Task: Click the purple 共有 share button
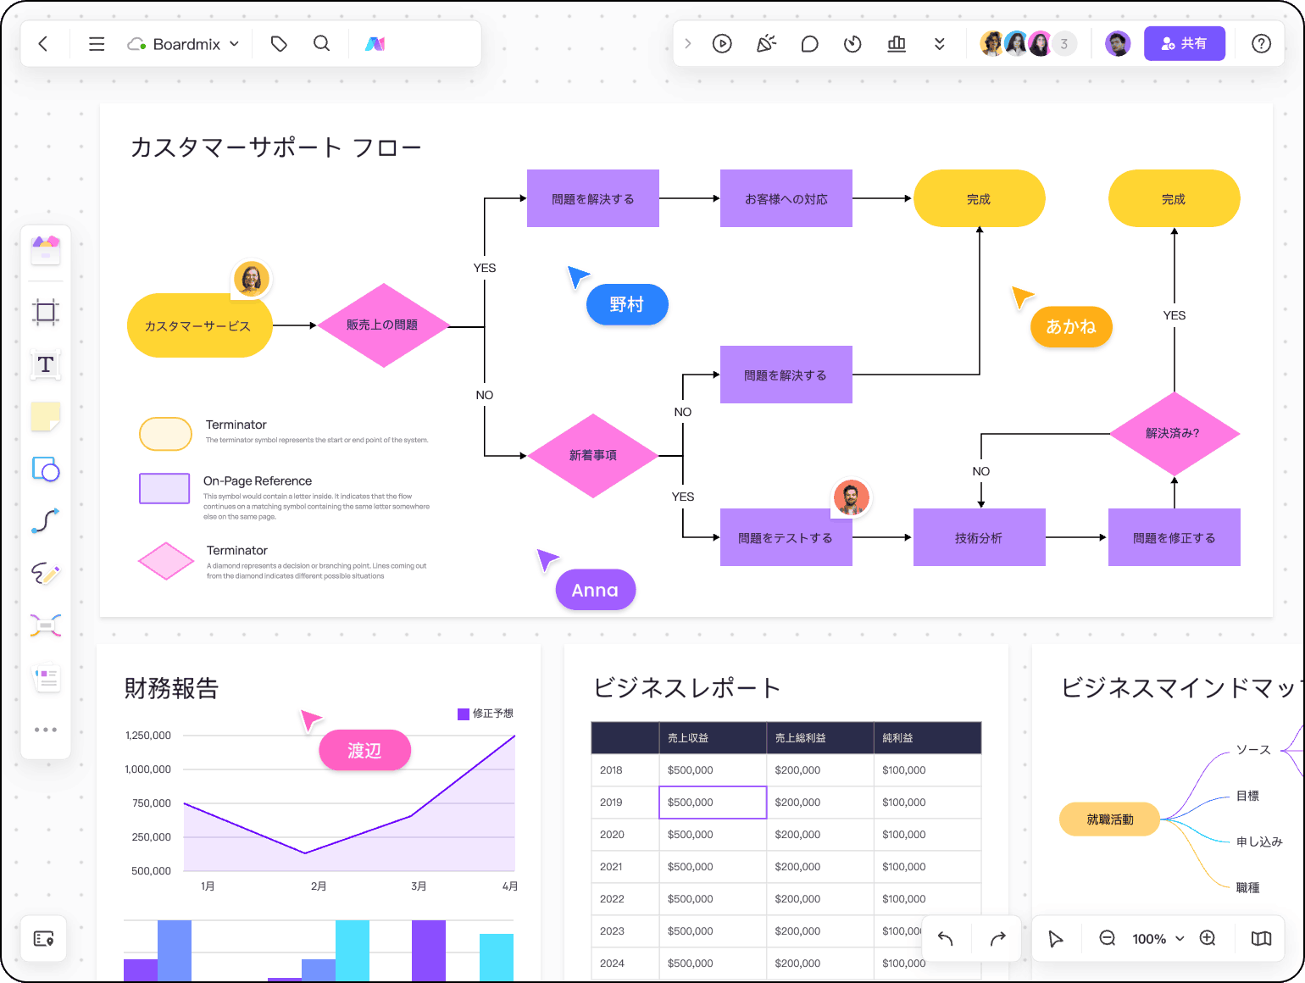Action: (x=1184, y=43)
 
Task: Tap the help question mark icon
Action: (x=1261, y=43)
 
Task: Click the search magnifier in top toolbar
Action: (x=321, y=43)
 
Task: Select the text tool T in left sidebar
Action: (x=46, y=364)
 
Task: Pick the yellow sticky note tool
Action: (x=46, y=417)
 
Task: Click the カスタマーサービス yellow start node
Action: (x=198, y=325)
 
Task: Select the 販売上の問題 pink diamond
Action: (x=382, y=325)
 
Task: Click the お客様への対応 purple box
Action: (x=786, y=198)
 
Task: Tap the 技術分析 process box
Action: (x=979, y=537)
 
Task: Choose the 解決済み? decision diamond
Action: (x=1173, y=433)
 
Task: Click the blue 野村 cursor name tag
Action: (x=627, y=304)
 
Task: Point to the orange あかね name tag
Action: (x=1071, y=326)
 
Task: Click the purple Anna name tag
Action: (x=595, y=590)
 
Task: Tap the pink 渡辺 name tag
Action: (x=364, y=751)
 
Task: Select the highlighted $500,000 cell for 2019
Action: (x=713, y=803)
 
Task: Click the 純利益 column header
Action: (x=898, y=738)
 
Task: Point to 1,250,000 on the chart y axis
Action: (x=148, y=736)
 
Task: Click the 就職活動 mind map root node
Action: (x=1109, y=819)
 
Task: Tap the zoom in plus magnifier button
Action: (x=1208, y=938)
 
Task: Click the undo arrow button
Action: (x=946, y=938)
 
